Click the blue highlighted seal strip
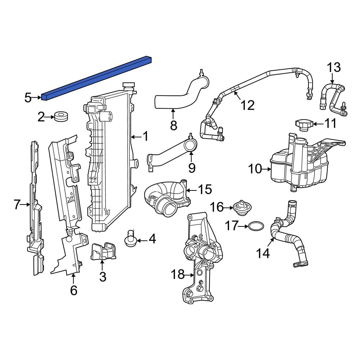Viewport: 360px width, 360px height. pos(95,77)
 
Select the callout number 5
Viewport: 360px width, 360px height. pos(28,98)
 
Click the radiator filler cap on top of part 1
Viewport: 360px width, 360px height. pos(129,86)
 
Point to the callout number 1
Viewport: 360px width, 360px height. pos(145,136)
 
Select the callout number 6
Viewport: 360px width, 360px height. pos(73,290)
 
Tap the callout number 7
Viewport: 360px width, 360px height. pos(17,204)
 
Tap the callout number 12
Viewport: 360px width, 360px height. pos(248,105)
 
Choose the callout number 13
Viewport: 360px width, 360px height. pos(333,67)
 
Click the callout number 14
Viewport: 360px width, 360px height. pos(263,253)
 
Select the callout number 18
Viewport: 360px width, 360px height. pos(178,275)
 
